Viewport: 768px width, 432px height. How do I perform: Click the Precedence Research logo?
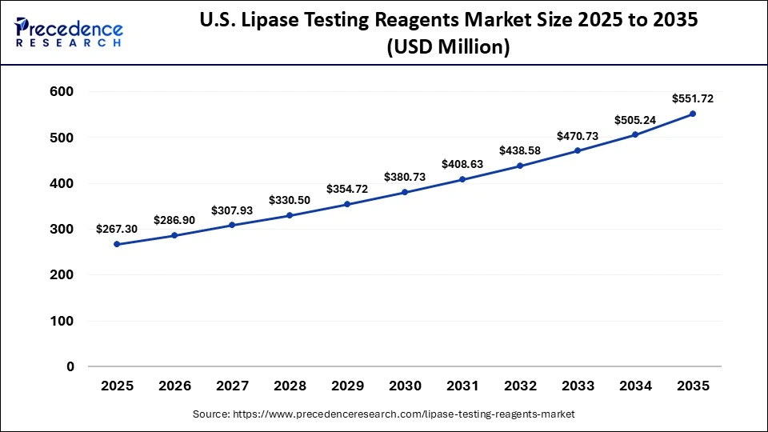tap(69, 32)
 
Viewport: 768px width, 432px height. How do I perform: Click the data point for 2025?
tap(117, 244)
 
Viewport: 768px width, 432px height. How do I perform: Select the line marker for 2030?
tap(405, 192)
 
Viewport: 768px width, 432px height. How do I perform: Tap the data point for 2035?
tap(693, 114)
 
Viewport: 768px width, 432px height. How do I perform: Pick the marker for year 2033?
tap(578, 150)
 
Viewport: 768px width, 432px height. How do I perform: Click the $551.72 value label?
tap(693, 99)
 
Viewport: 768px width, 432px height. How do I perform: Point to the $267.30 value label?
tap(117, 229)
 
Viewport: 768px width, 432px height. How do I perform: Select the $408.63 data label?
tap(462, 164)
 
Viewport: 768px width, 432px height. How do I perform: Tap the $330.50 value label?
tap(290, 200)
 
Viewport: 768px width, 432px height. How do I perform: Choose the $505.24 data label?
tap(635, 120)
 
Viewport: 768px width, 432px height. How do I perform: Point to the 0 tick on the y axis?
tap(70, 366)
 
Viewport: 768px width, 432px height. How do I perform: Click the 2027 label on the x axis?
tap(232, 386)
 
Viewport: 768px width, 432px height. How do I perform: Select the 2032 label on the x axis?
tap(520, 386)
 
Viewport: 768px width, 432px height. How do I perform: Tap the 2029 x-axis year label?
tap(347, 386)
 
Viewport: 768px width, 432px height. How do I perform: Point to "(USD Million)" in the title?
tap(448, 47)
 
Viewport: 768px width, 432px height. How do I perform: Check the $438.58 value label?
tap(520, 150)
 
